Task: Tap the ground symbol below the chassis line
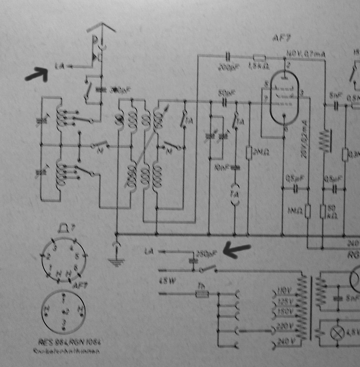(117, 260)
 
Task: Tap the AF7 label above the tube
(279, 39)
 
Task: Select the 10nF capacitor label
(222, 168)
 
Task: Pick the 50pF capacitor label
(224, 94)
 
